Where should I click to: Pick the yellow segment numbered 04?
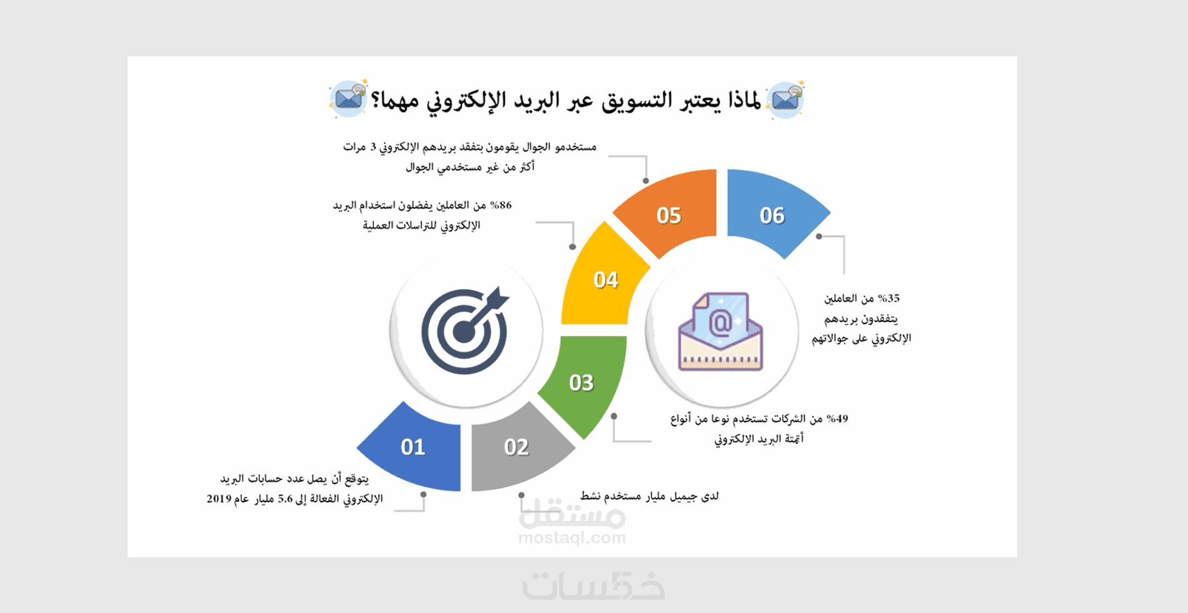[x=603, y=278]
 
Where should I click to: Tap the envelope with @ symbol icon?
[x=720, y=332]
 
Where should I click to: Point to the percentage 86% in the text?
[x=501, y=205]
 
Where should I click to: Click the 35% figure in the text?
[x=888, y=298]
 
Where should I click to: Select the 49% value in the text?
[x=837, y=418]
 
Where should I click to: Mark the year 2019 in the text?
[x=219, y=499]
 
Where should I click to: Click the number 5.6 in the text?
[x=285, y=499]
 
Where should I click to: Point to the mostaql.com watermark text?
[x=572, y=538]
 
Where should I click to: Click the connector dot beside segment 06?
[x=819, y=236]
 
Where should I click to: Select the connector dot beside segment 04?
[x=572, y=247]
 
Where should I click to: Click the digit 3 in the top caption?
[x=373, y=147]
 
